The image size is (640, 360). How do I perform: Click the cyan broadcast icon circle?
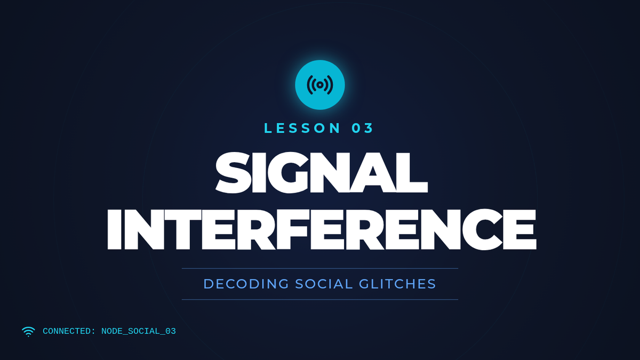(320, 85)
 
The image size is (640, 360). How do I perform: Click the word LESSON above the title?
(302, 128)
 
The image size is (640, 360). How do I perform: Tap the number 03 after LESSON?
(362, 128)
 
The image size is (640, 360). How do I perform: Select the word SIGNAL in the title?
(322, 173)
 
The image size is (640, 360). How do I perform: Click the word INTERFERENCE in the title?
(322, 229)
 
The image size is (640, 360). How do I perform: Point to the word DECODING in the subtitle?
(246, 284)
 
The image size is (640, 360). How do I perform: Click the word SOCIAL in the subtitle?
(324, 284)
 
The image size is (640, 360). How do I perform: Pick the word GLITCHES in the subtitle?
(397, 284)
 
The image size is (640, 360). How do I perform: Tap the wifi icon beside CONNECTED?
(28, 332)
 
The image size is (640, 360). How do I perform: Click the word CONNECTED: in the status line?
(69, 331)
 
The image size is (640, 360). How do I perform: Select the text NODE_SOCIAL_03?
(139, 331)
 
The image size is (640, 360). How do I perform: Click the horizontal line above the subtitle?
(320, 269)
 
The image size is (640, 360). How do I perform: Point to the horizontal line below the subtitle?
(320, 300)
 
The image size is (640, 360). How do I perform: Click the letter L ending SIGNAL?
(412, 173)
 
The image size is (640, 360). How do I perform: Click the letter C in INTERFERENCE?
(483, 230)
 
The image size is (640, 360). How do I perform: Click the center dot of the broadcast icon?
(320, 85)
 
